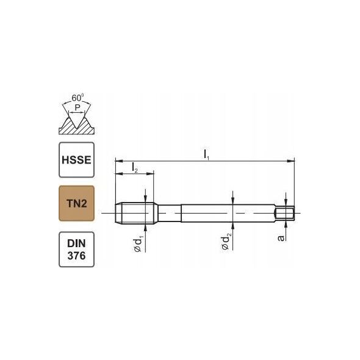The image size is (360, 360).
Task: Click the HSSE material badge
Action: click(x=76, y=160)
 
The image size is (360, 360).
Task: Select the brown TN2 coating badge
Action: click(x=76, y=203)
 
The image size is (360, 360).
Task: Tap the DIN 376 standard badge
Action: click(x=76, y=250)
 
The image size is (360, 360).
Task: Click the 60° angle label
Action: click(x=77, y=98)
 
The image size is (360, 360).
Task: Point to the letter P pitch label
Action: click(x=77, y=107)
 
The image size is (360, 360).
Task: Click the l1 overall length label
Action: click(x=207, y=155)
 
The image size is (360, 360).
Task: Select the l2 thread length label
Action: click(x=135, y=168)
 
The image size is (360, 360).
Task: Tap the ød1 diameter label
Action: click(x=138, y=245)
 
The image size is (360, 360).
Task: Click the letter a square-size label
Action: click(x=281, y=238)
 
